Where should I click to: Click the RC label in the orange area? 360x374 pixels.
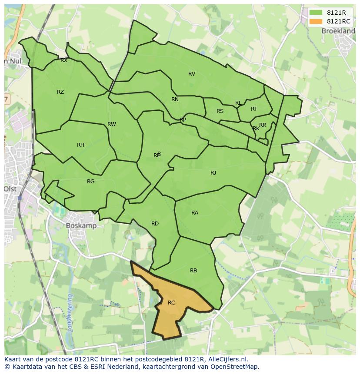[171, 303]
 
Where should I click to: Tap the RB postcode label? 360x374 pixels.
[193, 271]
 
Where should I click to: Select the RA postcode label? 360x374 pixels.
[195, 213]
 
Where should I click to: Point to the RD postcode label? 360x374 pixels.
[155, 224]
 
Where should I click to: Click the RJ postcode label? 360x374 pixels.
[213, 173]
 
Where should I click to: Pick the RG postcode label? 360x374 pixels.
[90, 182]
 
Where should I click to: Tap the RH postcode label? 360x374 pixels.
[80, 145]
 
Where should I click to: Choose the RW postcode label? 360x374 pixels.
[112, 124]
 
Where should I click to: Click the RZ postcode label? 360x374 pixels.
[60, 92]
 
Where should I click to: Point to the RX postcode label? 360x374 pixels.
[64, 60]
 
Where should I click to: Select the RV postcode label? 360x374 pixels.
[192, 74]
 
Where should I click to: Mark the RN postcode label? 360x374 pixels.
[175, 99]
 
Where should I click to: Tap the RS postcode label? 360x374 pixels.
[220, 111]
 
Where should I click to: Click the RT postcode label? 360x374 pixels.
[254, 109]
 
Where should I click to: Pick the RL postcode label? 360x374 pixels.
[238, 103]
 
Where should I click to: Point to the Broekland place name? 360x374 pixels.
[338, 31]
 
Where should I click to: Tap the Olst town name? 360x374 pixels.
[10, 189]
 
